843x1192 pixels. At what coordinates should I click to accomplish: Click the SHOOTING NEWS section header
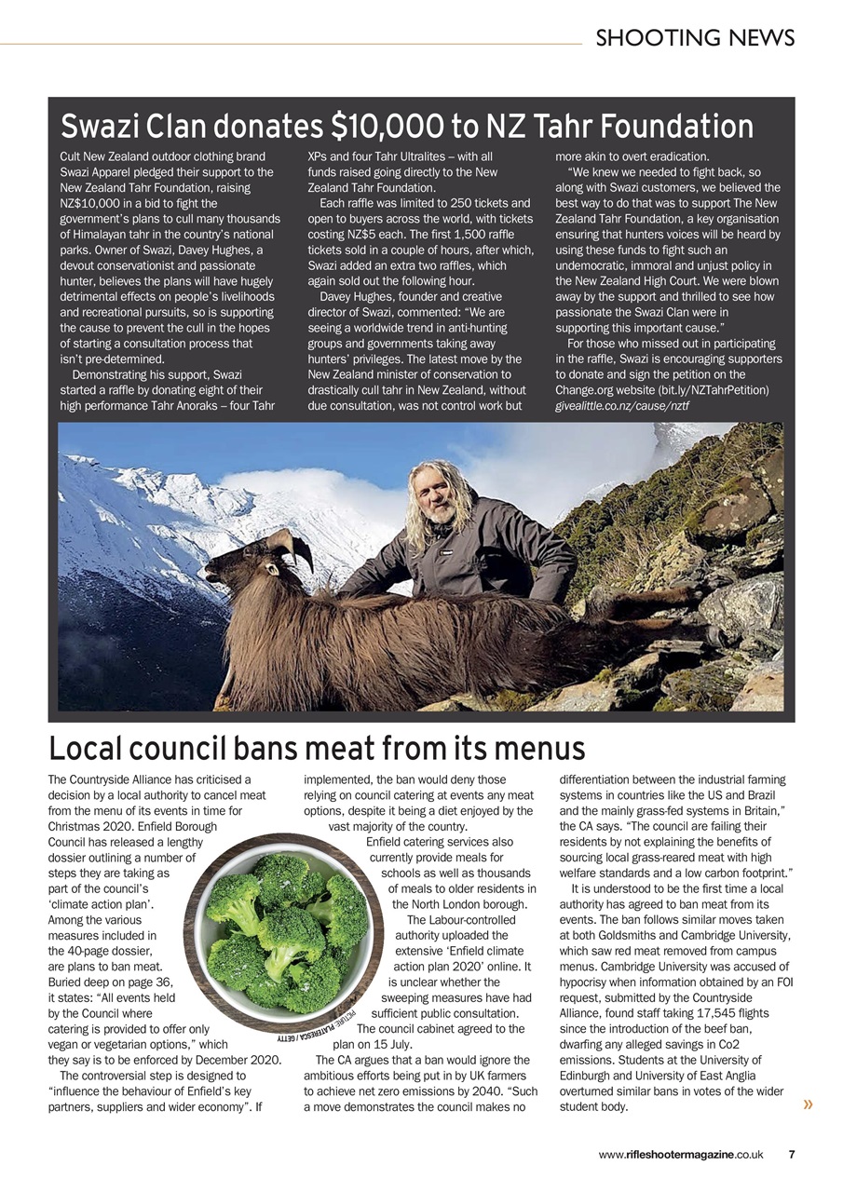[x=695, y=38]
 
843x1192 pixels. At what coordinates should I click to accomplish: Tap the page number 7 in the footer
[x=791, y=1155]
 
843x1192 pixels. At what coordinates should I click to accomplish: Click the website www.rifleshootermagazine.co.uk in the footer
[x=681, y=1155]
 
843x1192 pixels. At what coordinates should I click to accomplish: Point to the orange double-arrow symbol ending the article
[x=808, y=1104]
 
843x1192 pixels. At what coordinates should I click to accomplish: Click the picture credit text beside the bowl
[x=318, y=1028]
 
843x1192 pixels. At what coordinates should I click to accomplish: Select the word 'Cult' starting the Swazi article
[x=72, y=156]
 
